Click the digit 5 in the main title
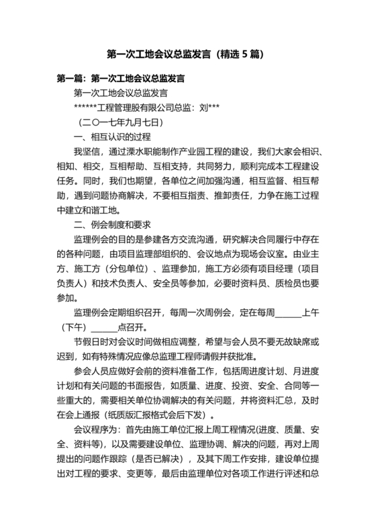(244, 53)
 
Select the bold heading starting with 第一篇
(121, 78)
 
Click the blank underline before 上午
(288, 314)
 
